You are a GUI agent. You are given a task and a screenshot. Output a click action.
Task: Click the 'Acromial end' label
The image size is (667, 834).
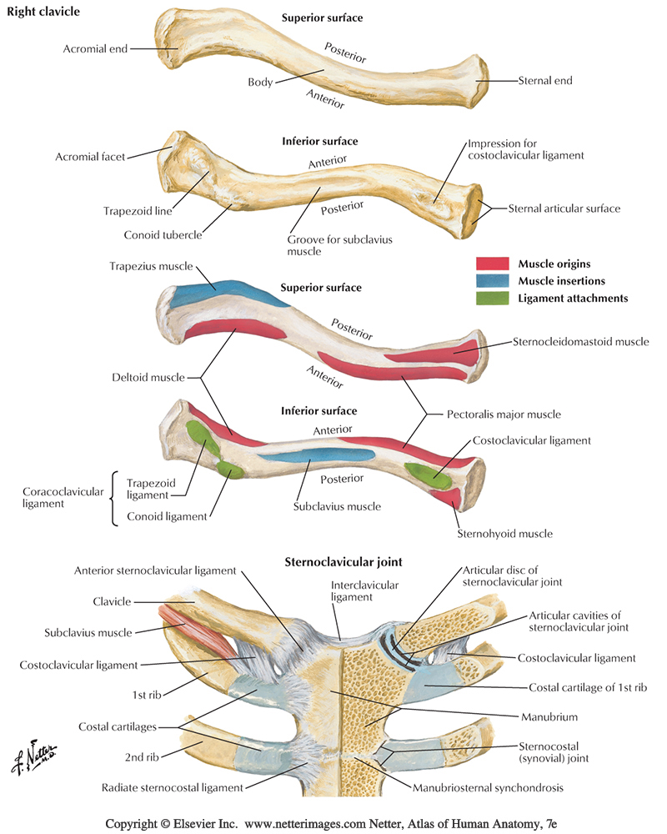click(x=95, y=48)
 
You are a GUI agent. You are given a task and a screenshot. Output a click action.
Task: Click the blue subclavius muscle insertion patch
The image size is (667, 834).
click(x=300, y=456)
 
